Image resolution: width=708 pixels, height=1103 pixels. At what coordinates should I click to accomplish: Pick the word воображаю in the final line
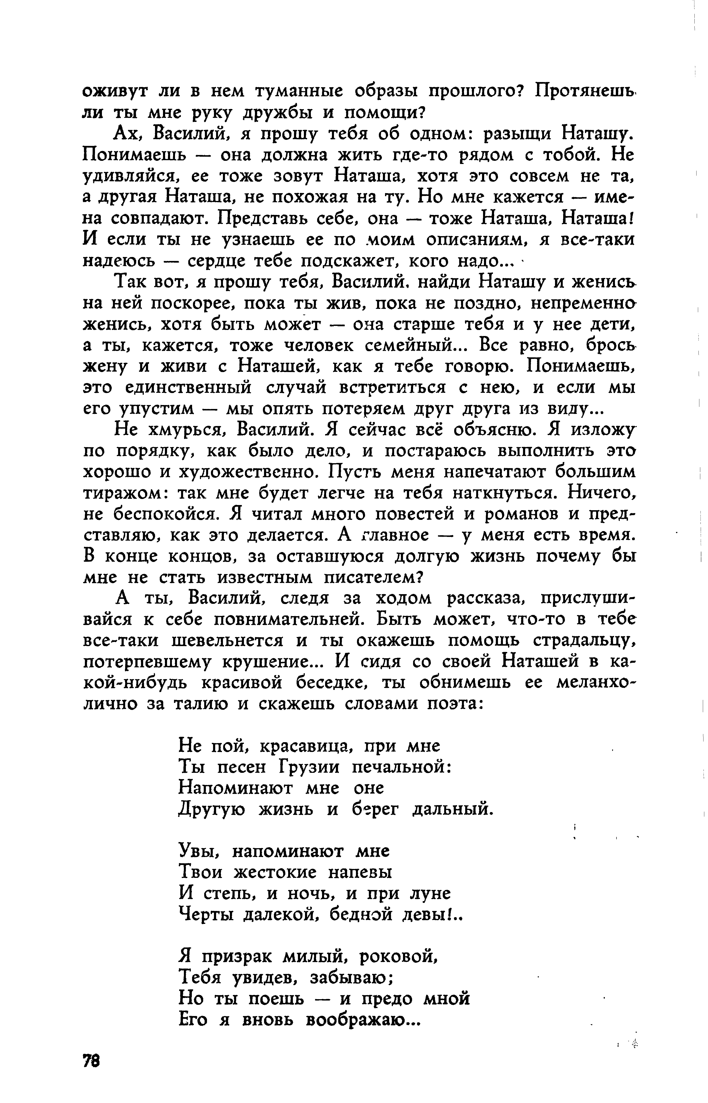coord(363,1020)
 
